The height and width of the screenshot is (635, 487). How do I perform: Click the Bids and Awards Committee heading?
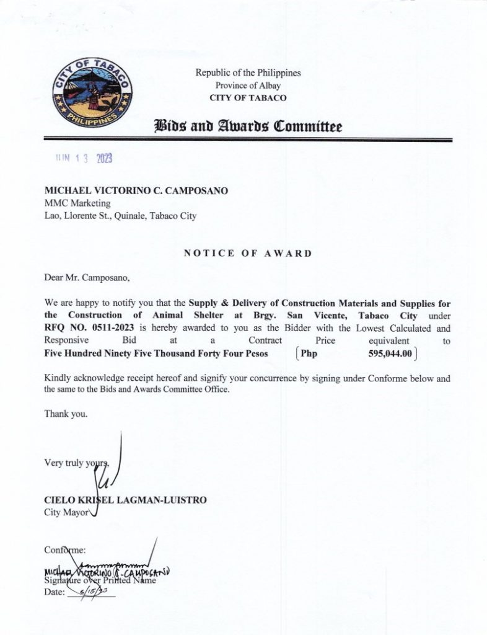tap(248, 127)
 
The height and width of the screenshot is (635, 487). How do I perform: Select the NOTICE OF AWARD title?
tap(248, 253)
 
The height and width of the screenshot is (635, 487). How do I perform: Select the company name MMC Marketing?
tap(77, 203)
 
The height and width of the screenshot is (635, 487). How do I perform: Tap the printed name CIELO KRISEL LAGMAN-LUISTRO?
tap(125, 500)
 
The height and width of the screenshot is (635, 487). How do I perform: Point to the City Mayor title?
tap(67, 512)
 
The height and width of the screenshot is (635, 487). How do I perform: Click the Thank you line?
tap(66, 414)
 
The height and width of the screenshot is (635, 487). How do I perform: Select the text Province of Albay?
tap(248, 86)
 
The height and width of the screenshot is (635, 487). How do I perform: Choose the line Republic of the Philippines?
tap(248, 73)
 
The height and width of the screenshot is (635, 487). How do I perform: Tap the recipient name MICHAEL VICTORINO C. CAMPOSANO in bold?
tap(136, 190)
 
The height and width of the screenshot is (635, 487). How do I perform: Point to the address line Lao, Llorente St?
tap(121, 216)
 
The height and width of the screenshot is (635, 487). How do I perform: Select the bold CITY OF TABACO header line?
tap(248, 98)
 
